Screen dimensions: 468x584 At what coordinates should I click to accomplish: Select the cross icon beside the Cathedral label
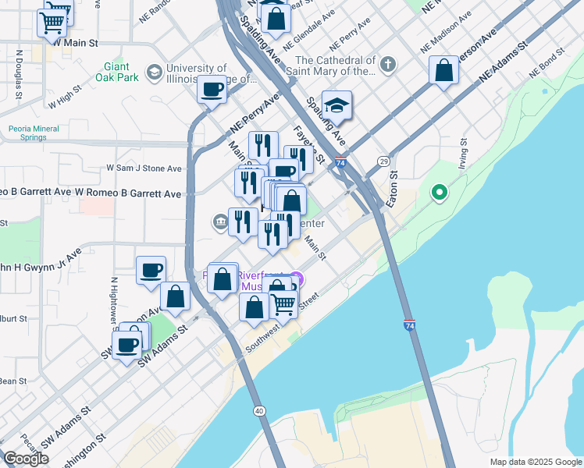pyautogui.click(x=386, y=62)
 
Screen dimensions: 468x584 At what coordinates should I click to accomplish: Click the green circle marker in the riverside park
pyautogui.click(x=439, y=191)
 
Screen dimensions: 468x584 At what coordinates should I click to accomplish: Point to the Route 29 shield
pyautogui.click(x=383, y=161)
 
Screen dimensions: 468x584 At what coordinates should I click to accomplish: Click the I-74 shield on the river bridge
pyautogui.click(x=409, y=324)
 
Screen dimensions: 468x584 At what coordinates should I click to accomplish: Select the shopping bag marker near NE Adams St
pyautogui.click(x=443, y=71)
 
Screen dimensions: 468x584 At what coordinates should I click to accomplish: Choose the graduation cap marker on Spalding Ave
pyautogui.click(x=337, y=106)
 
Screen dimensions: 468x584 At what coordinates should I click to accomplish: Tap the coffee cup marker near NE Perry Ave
pyautogui.click(x=212, y=90)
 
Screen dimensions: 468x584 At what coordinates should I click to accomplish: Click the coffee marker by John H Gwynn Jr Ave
pyautogui.click(x=151, y=271)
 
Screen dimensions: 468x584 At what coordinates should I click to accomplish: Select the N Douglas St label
pyautogui.click(x=17, y=75)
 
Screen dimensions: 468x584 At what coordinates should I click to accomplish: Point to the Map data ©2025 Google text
pyautogui.click(x=535, y=462)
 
